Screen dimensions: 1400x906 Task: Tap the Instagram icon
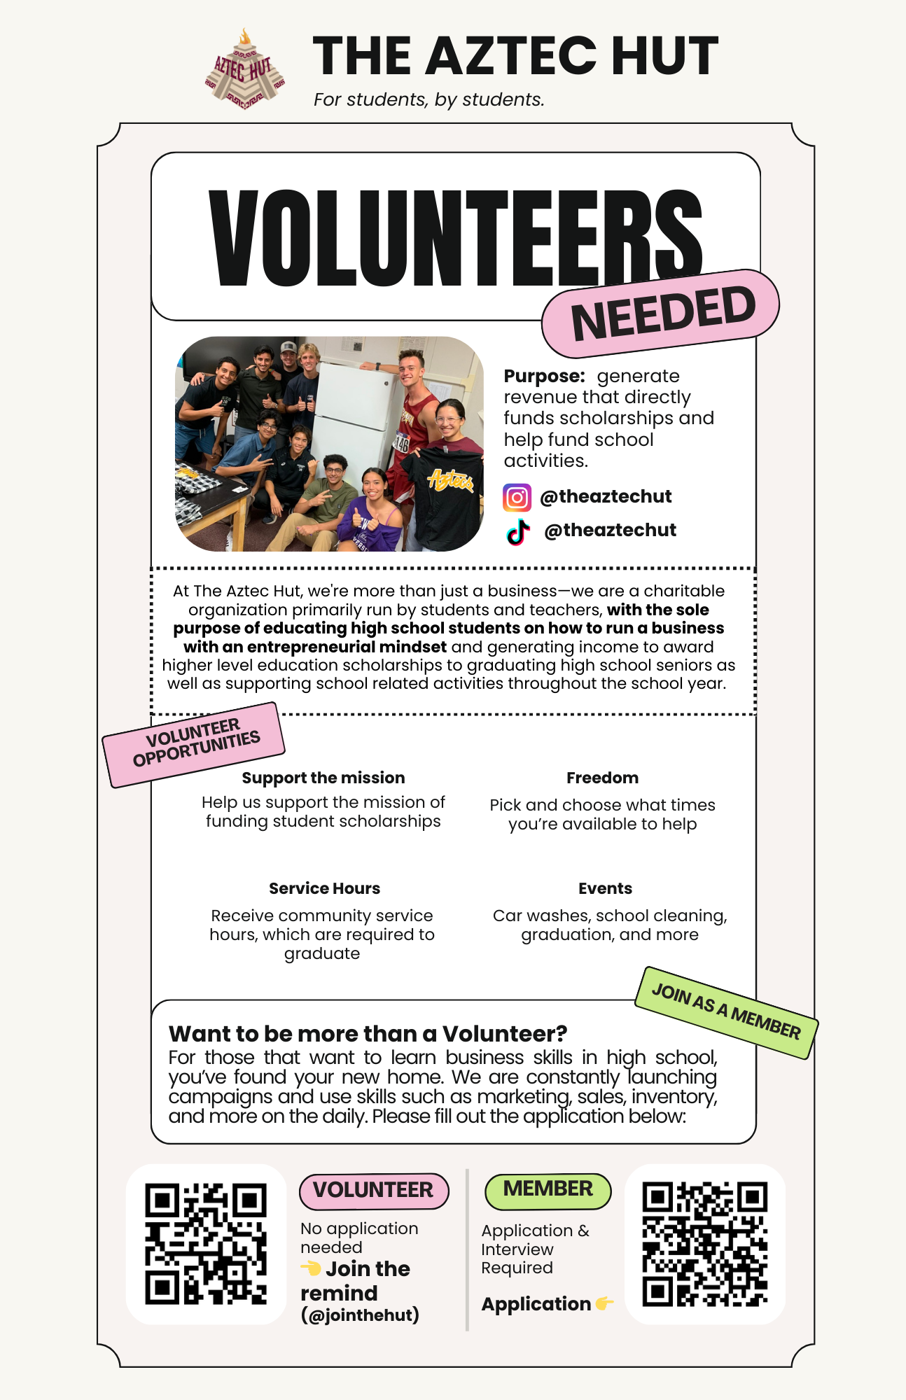pos(517,498)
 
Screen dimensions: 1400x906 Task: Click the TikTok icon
pos(518,531)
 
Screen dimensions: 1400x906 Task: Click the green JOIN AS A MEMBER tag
pos(726,1012)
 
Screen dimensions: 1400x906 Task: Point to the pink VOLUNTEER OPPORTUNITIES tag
pos(195,743)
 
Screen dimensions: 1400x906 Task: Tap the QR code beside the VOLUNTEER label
pos(206,1244)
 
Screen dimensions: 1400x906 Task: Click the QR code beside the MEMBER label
pos(704,1244)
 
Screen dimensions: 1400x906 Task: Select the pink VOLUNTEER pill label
pos(373,1190)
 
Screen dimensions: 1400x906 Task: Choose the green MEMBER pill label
pos(548,1189)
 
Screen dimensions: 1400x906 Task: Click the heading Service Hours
pos(324,888)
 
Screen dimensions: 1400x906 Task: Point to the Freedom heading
pos(602,778)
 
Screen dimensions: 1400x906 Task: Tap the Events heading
pos(605,888)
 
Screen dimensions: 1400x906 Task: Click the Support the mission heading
pos(323,778)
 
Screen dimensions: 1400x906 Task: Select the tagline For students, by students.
pos(428,100)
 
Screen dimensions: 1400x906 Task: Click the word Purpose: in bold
pos(544,376)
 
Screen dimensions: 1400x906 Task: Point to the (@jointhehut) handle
pos(360,1315)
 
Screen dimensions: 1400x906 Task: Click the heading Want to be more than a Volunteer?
pos(368,1034)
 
